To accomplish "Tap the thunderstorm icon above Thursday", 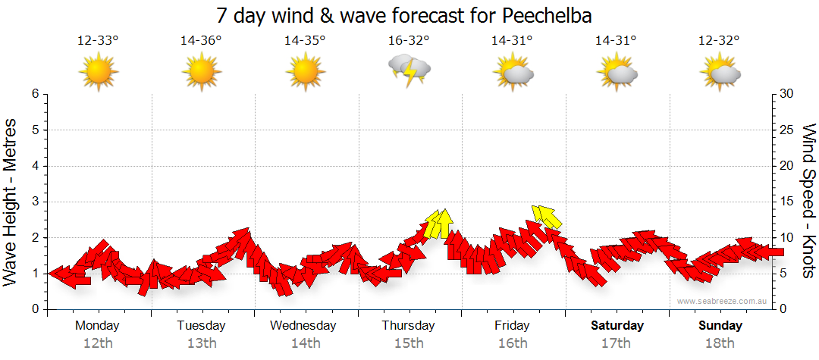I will coord(409,70).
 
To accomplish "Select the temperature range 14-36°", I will coord(201,41).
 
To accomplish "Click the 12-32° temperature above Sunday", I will coord(719,41).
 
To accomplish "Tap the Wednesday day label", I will coord(303,325).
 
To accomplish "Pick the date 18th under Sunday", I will coord(720,343).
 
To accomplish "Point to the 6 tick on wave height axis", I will coord(35,94).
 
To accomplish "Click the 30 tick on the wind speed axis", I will coord(787,94).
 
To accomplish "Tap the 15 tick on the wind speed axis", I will coord(787,202).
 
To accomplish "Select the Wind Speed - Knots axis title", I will coord(808,202).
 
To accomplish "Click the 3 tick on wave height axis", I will coord(35,202).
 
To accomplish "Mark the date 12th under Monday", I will coord(97,343).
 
